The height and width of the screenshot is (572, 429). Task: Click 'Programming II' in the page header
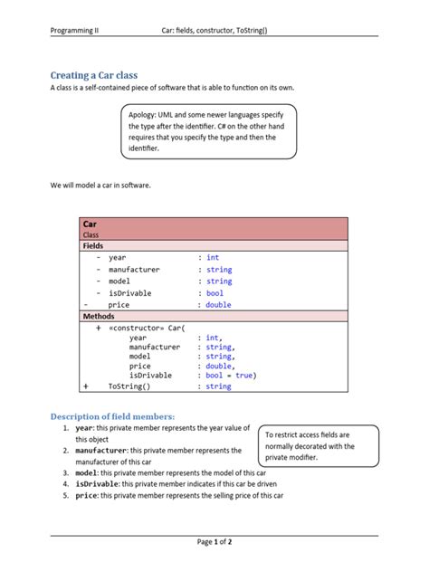pyautogui.click(x=75, y=30)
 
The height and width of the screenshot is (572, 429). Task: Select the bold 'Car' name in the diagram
pyautogui.click(x=90, y=224)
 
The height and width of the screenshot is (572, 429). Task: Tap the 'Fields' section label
pyautogui.click(x=93, y=245)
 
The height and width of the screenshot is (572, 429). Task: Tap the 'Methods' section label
pyautogui.click(x=99, y=316)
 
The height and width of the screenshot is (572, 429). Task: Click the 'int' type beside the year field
pyautogui.click(x=213, y=258)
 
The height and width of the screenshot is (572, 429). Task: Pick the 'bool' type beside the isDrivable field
pyautogui.click(x=214, y=293)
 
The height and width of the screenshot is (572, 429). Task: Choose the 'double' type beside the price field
pyautogui.click(x=218, y=305)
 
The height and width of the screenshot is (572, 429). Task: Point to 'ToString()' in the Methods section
pyautogui.click(x=129, y=386)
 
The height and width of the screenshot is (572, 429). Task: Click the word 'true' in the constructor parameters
pyautogui.click(x=244, y=375)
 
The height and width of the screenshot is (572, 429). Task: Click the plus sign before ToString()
pyautogui.click(x=86, y=386)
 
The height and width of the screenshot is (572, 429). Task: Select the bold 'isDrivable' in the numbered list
pyautogui.click(x=97, y=484)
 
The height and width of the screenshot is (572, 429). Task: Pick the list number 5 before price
pyautogui.click(x=66, y=496)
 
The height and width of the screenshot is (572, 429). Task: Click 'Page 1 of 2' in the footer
pyautogui.click(x=214, y=542)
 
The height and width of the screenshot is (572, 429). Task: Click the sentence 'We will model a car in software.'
pyautogui.click(x=100, y=185)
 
